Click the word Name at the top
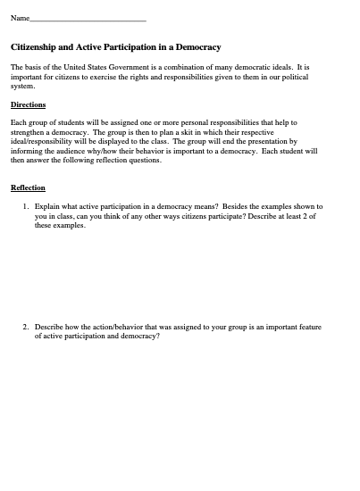point(19,18)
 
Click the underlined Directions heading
point(28,104)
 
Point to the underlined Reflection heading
point(28,188)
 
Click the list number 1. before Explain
point(26,206)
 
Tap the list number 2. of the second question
point(26,328)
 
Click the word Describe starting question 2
point(50,328)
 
